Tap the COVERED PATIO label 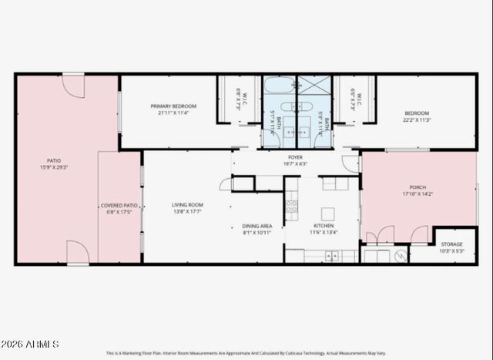[119, 206]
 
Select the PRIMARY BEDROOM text [173, 106]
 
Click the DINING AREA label [257, 227]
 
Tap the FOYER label [295, 157]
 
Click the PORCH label [417, 188]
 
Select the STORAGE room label [451, 244]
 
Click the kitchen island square [328, 214]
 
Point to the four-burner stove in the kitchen [292, 206]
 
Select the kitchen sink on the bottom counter [331, 255]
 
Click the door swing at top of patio [73, 86]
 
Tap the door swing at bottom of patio [77, 252]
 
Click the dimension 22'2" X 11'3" [417, 119]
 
